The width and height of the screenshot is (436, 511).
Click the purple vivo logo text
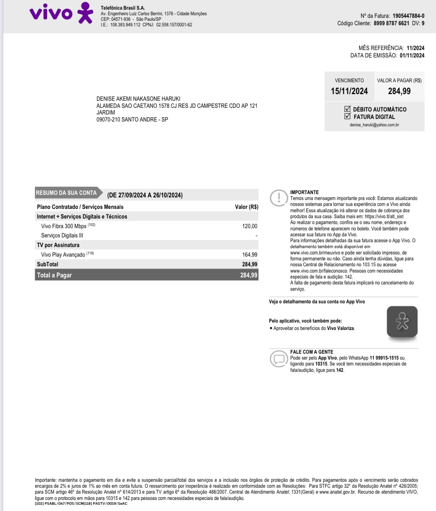51,13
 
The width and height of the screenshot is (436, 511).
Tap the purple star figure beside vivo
85,13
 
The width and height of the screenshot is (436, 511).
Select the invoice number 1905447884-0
408,16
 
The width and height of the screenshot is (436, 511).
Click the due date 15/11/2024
349,91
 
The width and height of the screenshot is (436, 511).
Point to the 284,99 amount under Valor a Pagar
399,91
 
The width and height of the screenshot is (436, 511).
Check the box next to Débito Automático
347,109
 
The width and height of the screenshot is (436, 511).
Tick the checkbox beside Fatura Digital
347,116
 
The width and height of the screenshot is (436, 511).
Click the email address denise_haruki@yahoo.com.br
374,125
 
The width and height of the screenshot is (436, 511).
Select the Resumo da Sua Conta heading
66,193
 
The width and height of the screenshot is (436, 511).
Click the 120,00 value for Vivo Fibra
250,226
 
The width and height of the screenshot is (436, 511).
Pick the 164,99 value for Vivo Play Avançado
250,254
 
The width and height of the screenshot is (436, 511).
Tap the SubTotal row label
47,264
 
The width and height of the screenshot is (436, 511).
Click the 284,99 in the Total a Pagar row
249,275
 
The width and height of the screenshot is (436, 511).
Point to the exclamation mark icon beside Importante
278,198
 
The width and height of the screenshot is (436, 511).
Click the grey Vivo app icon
402,321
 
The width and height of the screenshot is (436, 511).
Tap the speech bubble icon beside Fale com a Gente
278,358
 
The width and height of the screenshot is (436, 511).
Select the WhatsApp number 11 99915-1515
384,358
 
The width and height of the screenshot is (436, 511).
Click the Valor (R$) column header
246,207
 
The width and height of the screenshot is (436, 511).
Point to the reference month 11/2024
415,48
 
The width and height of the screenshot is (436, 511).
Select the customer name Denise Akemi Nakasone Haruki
138,98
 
